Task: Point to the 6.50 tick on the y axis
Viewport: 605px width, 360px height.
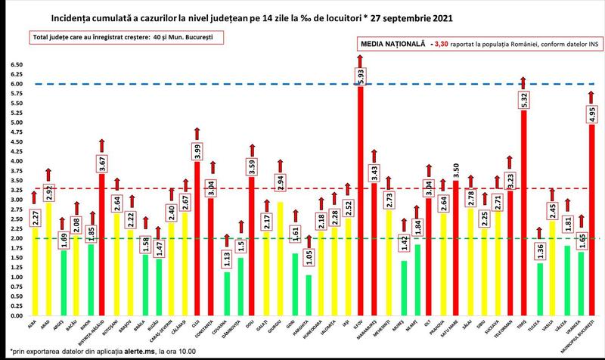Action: coord(16,65)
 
